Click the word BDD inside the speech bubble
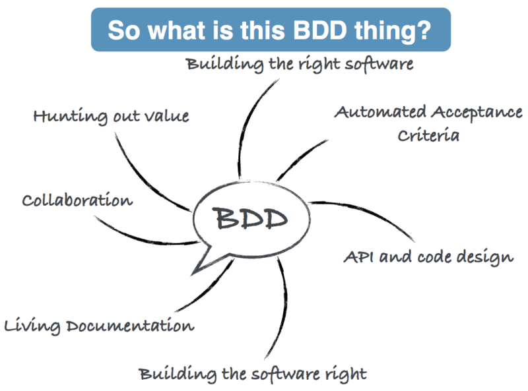click(250, 218)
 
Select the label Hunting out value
click(111, 116)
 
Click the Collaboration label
click(77, 200)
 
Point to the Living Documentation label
click(99, 325)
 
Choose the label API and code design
click(428, 256)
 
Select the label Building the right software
click(300, 64)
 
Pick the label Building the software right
click(253, 374)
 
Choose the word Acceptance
click(473, 111)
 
